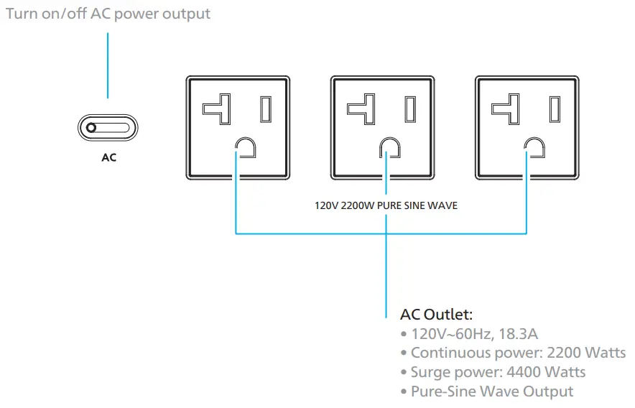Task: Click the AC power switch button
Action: click(x=107, y=129)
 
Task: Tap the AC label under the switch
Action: click(x=108, y=157)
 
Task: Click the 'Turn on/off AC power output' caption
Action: click(x=108, y=14)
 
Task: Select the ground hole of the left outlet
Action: click(x=246, y=148)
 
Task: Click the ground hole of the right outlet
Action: click(x=534, y=148)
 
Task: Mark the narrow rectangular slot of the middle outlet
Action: click(x=410, y=108)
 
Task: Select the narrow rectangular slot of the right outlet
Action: click(x=555, y=108)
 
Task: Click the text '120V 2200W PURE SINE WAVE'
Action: click(x=386, y=205)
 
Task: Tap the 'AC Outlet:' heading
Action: click(x=436, y=315)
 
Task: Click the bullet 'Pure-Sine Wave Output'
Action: click(x=492, y=391)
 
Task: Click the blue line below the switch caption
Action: click(x=108, y=65)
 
